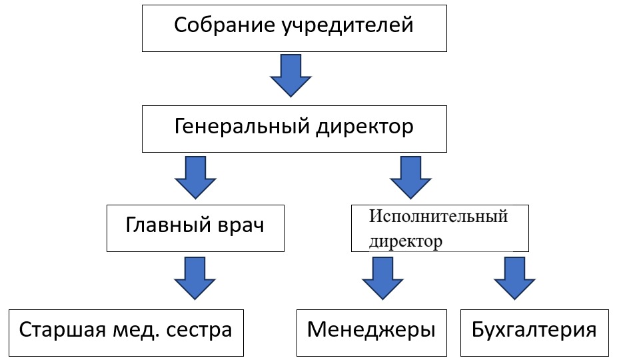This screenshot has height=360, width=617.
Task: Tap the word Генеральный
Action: pyautogui.click(x=237, y=127)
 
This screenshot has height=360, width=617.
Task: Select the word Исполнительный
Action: pyautogui.click(x=438, y=216)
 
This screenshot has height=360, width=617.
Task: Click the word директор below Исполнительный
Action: pyautogui.click(x=406, y=241)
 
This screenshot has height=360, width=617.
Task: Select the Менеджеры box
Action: pyautogui.click(x=371, y=331)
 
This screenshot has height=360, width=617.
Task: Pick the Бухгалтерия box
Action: pyautogui.click(x=534, y=331)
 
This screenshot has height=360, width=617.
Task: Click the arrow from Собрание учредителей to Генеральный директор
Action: pyautogui.click(x=291, y=76)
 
